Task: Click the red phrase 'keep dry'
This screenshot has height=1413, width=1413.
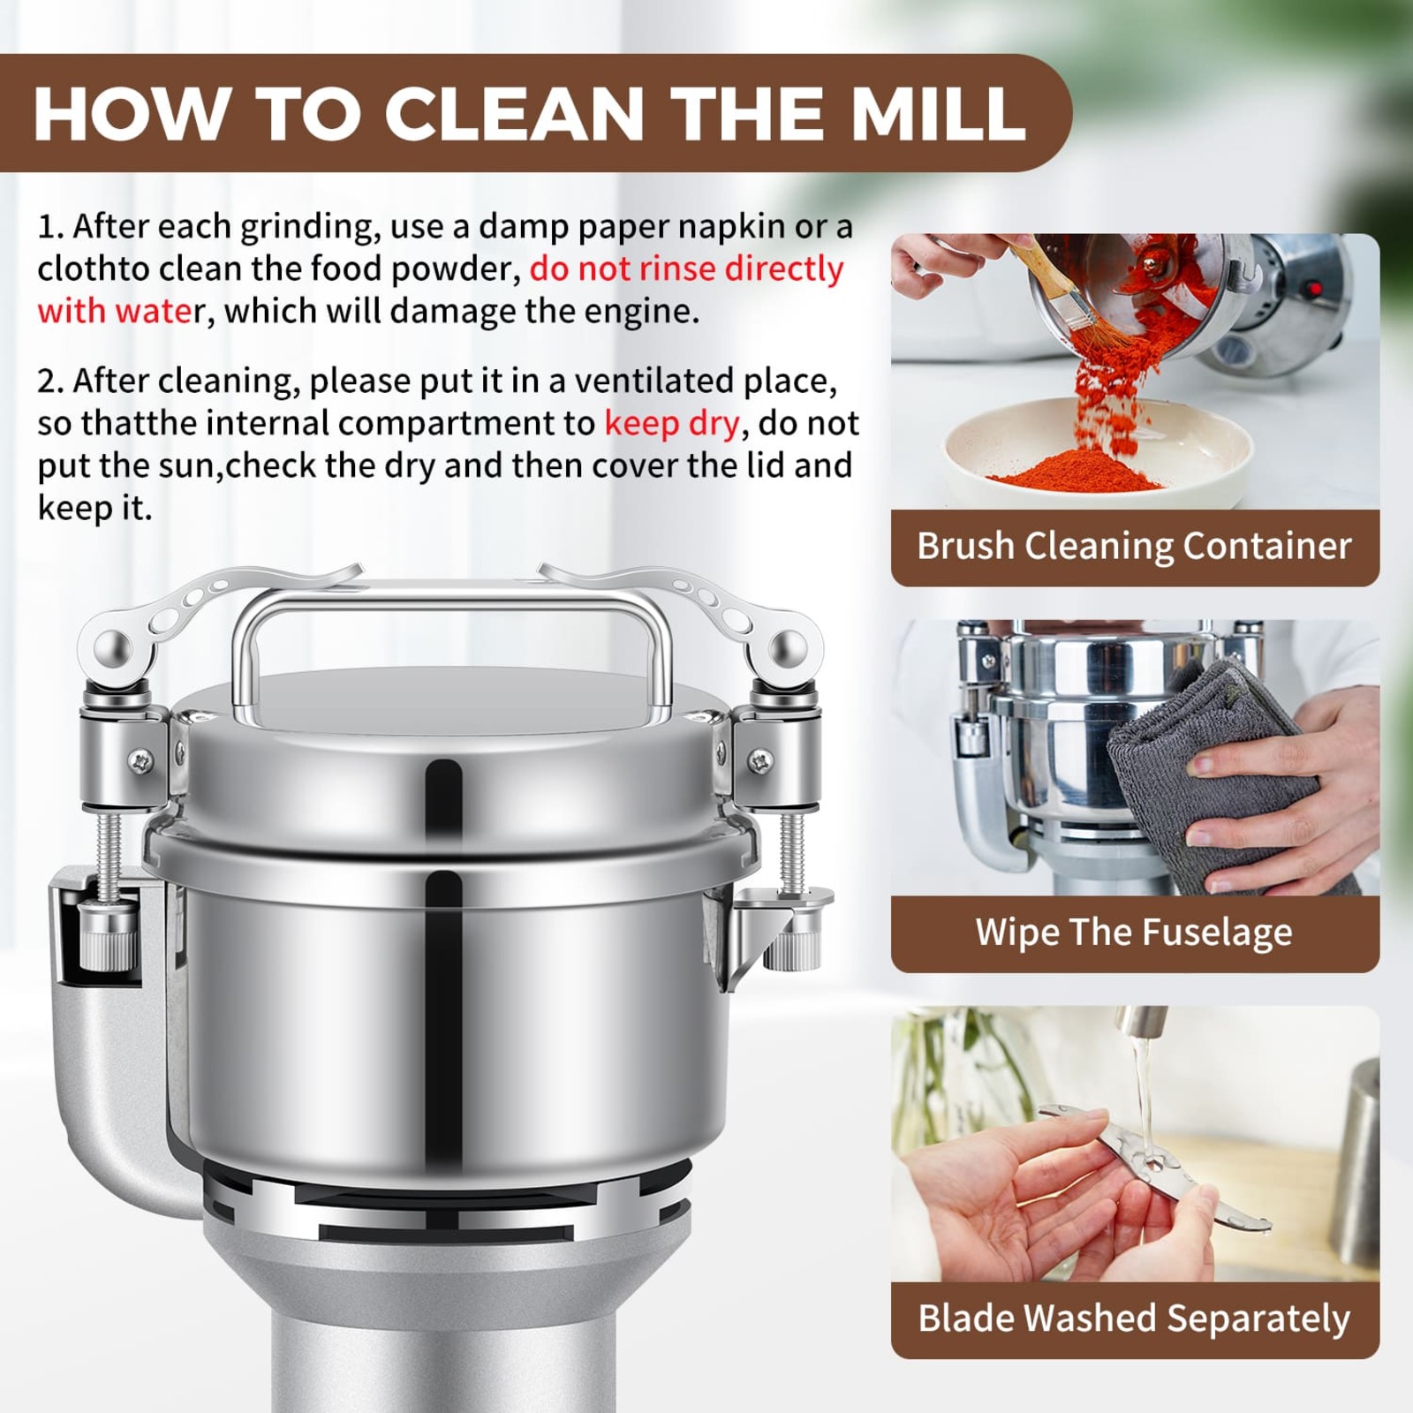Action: (x=671, y=423)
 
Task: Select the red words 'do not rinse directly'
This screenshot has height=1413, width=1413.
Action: (x=686, y=268)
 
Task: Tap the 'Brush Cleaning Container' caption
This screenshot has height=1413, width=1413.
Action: (x=1134, y=546)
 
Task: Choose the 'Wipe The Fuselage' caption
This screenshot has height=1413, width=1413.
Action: (x=1134, y=933)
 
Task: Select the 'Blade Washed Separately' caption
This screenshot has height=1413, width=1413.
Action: (x=1134, y=1319)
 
